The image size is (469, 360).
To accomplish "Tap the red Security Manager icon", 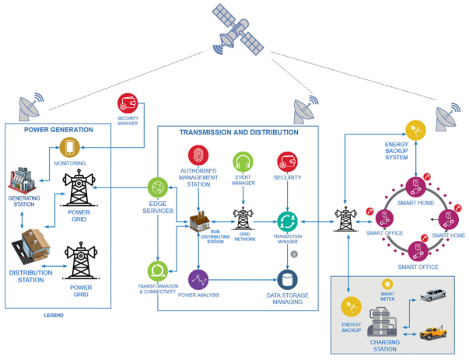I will (x=128, y=103).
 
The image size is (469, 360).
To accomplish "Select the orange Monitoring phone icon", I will (x=69, y=147).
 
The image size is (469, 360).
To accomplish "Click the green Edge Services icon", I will (x=159, y=188).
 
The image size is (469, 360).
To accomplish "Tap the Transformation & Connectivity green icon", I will (x=159, y=272).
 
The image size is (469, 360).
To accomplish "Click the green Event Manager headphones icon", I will (x=242, y=163).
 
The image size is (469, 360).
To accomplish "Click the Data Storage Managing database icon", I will (x=290, y=279).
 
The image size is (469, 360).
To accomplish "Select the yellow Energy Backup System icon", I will (x=417, y=131).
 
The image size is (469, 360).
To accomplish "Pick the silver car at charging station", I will (x=434, y=295).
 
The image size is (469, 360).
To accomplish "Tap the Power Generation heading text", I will (x=58, y=129).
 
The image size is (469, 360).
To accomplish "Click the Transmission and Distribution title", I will (x=239, y=132).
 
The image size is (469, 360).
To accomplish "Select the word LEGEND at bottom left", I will (x=53, y=316).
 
